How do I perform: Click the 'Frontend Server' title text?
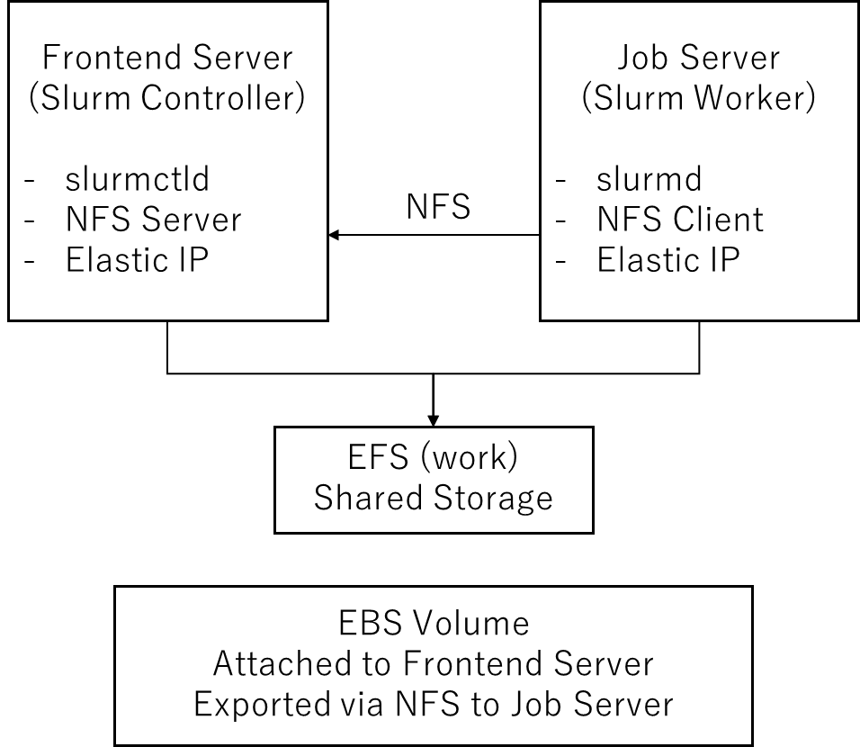167,58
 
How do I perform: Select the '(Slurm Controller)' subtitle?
166,98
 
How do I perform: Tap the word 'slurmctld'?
137,179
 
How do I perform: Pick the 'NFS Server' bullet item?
154,220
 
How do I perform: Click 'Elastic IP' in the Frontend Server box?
137,259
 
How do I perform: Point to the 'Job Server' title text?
699,58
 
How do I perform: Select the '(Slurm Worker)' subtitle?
699,98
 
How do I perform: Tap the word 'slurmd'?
649,179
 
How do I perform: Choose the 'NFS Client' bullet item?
680,220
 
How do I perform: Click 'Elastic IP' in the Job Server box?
668,259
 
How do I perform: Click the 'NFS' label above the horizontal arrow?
438,207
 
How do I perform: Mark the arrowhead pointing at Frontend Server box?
334,235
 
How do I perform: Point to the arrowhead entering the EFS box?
434,421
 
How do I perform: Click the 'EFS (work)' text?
433,457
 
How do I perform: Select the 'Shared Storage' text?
434,499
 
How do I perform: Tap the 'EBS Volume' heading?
434,624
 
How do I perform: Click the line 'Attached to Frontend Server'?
434,663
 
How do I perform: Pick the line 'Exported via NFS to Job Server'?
434,704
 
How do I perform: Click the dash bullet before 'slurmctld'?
30,180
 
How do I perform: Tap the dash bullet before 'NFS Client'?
560,220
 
